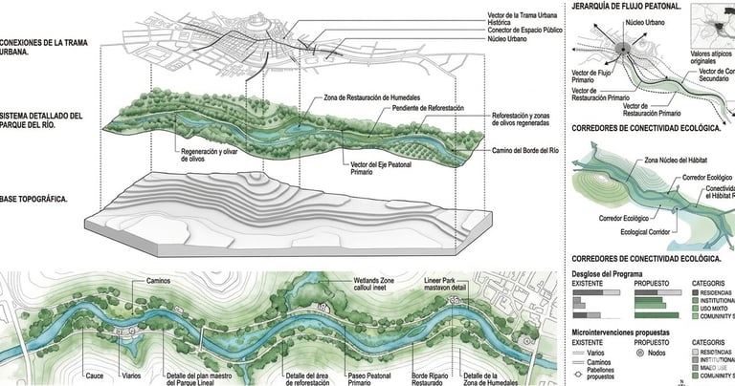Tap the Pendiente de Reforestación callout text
click(x=427, y=109)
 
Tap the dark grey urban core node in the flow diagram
click(x=623, y=50)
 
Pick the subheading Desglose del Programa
click(x=614, y=272)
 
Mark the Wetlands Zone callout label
click(x=354, y=284)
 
